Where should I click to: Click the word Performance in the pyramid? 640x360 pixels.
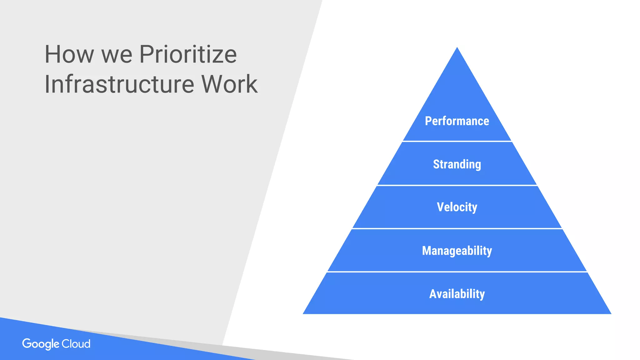point(457,121)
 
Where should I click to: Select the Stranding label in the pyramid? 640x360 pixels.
point(457,164)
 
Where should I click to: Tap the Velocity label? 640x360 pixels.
point(457,207)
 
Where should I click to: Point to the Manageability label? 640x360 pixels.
point(457,251)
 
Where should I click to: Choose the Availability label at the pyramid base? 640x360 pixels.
point(457,294)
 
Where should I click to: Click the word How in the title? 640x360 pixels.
point(69,54)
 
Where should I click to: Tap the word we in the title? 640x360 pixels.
point(117,55)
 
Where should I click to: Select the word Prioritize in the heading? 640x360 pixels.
point(188,54)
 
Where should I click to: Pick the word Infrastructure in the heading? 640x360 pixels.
point(119,84)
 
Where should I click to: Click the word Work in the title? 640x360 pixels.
point(229,84)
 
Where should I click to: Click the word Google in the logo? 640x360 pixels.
point(41,344)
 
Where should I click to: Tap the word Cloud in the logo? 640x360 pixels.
point(76,344)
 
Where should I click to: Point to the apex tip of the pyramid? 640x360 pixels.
point(457,48)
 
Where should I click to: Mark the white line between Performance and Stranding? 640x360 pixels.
point(457,141)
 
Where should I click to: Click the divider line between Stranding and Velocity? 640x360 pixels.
point(457,185)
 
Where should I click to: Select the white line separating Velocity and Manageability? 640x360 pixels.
point(457,228)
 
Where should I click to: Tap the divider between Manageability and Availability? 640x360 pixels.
point(457,272)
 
